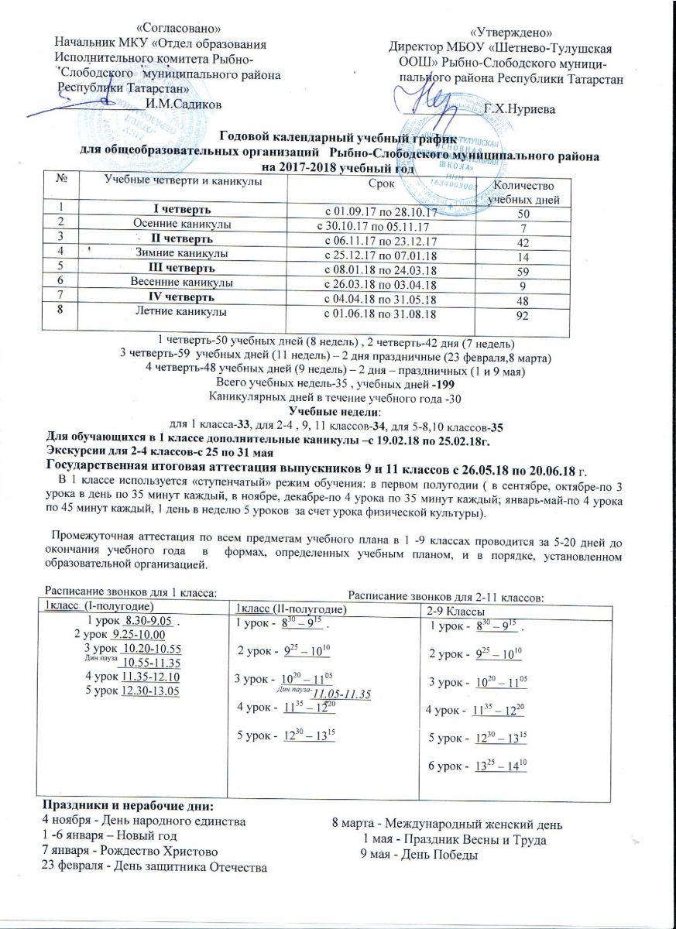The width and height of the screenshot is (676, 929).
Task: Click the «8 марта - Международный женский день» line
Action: coord(441,823)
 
